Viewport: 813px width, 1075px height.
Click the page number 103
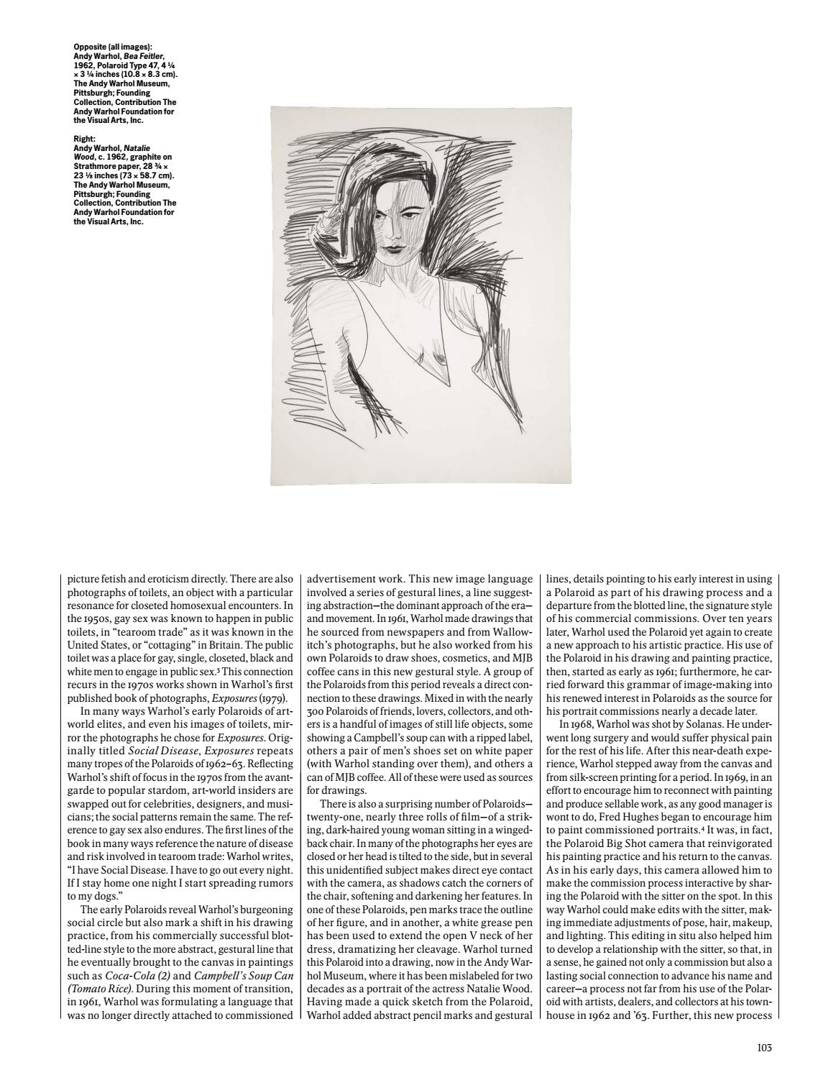(x=764, y=1048)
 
